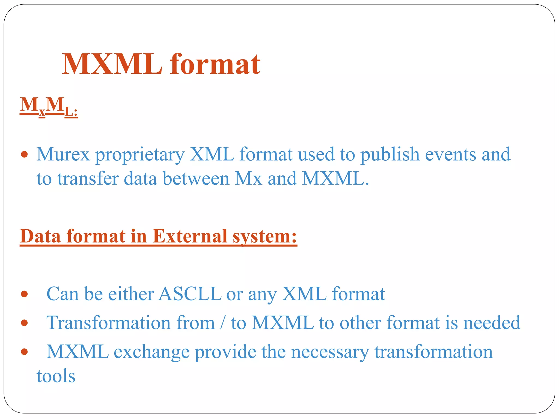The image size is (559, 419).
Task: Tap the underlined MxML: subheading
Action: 49,107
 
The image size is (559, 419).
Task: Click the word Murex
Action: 63,154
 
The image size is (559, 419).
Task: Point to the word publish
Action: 390,154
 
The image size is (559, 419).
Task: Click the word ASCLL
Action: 190,294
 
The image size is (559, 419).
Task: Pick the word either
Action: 131,294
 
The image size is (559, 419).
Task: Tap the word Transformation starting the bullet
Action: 109,323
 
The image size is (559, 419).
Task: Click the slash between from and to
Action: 223,323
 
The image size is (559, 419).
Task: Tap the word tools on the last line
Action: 56,376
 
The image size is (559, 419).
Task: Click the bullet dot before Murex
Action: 25,155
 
